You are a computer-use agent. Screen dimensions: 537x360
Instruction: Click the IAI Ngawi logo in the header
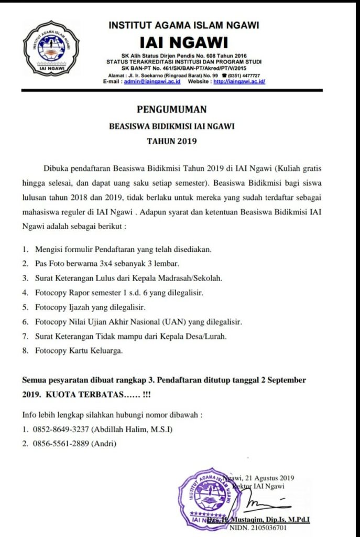pyautogui.click(x=51, y=47)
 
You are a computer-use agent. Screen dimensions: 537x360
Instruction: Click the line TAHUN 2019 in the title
pyautogui.click(x=171, y=141)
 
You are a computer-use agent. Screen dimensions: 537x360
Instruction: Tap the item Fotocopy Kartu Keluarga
pyautogui.click(x=79, y=350)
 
